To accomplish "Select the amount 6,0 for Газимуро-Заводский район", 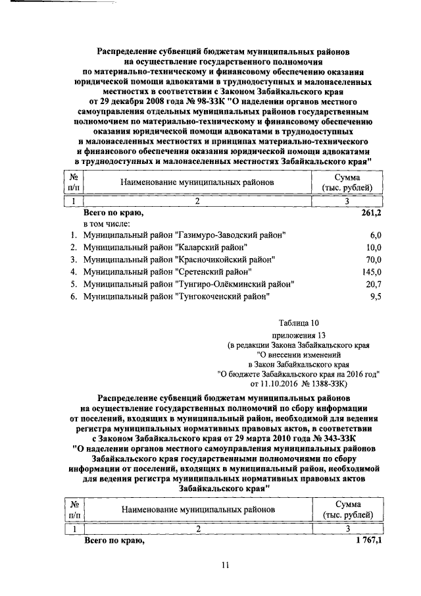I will click(376, 235).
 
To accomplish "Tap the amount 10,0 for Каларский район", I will click(374, 248).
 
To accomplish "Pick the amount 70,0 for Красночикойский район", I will click(374, 260).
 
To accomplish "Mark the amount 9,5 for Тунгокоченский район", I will click(376, 297).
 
